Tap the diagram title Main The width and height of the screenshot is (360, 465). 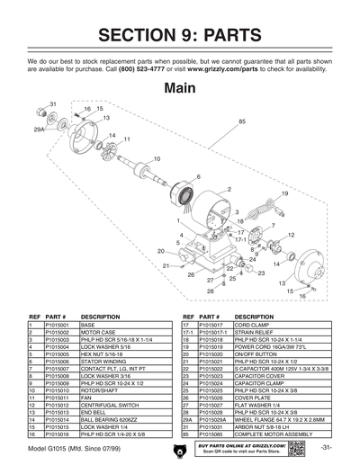click(180, 90)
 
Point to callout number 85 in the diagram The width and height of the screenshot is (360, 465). click(242, 121)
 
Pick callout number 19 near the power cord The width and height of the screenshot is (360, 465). click(285, 193)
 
